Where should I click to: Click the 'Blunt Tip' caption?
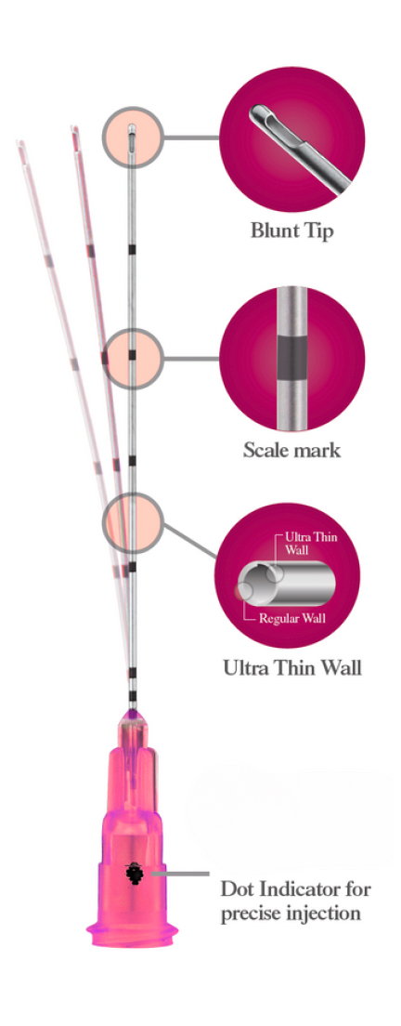291,231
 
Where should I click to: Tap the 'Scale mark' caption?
291,450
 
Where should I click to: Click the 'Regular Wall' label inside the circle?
292,618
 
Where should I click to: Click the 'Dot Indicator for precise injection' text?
296,901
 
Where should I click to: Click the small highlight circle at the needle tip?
131,136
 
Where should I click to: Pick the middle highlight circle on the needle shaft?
131,357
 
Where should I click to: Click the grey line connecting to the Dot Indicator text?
179,874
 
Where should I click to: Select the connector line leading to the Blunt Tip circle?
190,138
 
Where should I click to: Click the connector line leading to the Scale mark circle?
190,358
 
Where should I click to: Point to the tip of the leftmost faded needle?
19,142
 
